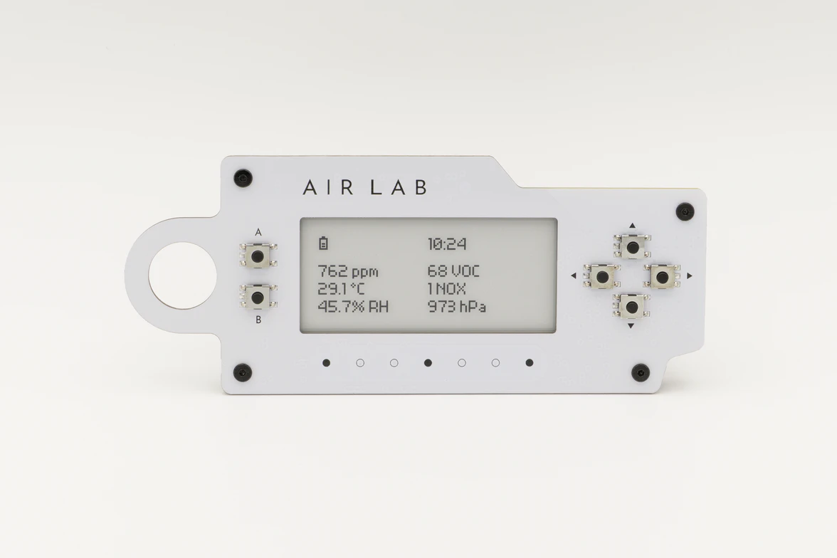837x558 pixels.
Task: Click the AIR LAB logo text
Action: pyautogui.click(x=365, y=187)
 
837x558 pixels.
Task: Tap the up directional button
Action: pyautogui.click(x=633, y=247)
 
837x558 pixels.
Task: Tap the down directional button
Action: pyautogui.click(x=631, y=307)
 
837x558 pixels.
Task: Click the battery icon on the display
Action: pyautogui.click(x=323, y=243)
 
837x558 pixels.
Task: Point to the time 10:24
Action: pyautogui.click(x=447, y=244)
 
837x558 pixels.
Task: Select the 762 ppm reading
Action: pyautogui.click(x=348, y=272)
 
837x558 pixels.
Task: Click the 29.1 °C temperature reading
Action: pyautogui.click(x=342, y=289)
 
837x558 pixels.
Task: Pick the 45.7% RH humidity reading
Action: pyautogui.click(x=353, y=307)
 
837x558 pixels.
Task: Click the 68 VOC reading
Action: pyautogui.click(x=454, y=271)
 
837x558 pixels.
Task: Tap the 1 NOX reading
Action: pyautogui.click(x=447, y=289)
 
